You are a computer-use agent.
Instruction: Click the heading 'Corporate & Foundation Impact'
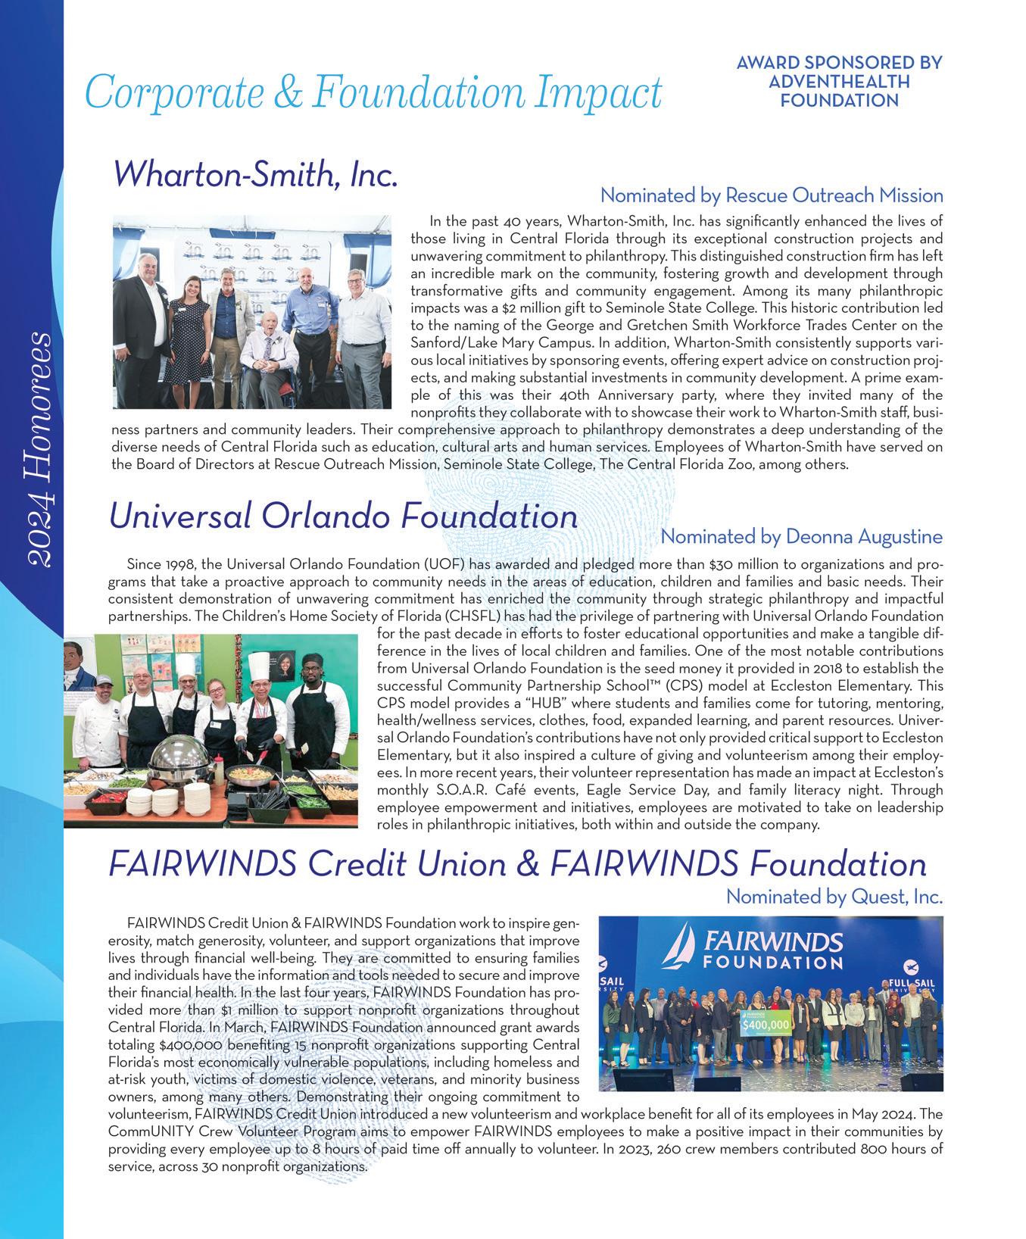[373, 92]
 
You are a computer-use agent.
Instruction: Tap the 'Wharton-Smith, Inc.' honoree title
[255, 175]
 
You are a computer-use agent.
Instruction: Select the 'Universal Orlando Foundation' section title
[343, 517]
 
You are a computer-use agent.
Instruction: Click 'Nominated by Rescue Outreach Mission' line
[771, 195]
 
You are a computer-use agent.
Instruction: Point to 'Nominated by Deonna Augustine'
[801, 537]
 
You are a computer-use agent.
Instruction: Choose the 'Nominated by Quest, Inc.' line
[834, 897]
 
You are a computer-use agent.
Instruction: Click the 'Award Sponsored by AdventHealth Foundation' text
[839, 81]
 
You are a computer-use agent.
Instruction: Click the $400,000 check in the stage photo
[766, 1025]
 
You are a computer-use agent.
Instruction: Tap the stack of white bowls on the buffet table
[171, 801]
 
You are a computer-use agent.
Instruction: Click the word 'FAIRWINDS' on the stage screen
[774, 941]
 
